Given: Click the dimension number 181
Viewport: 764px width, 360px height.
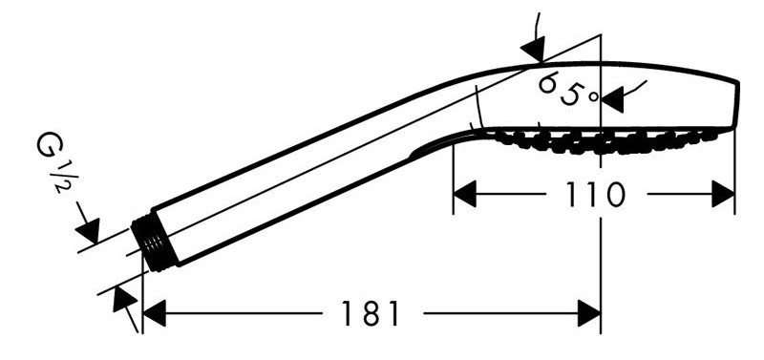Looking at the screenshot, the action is point(371,313).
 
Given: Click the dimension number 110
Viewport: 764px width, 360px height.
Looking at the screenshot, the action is point(595,194).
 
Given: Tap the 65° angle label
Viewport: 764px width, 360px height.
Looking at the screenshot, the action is point(567,90).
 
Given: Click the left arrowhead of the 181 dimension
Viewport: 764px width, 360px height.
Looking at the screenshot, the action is point(155,313).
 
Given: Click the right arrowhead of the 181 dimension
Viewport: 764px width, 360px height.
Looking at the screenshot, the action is point(588,313).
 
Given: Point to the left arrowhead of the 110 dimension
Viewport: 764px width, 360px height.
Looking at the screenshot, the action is point(464,194).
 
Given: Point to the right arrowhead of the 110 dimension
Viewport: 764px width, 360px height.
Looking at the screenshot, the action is point(723,194).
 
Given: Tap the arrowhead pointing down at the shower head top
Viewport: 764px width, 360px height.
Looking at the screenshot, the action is point(533,50).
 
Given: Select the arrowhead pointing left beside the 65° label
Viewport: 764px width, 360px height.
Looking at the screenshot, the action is point(612,100).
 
